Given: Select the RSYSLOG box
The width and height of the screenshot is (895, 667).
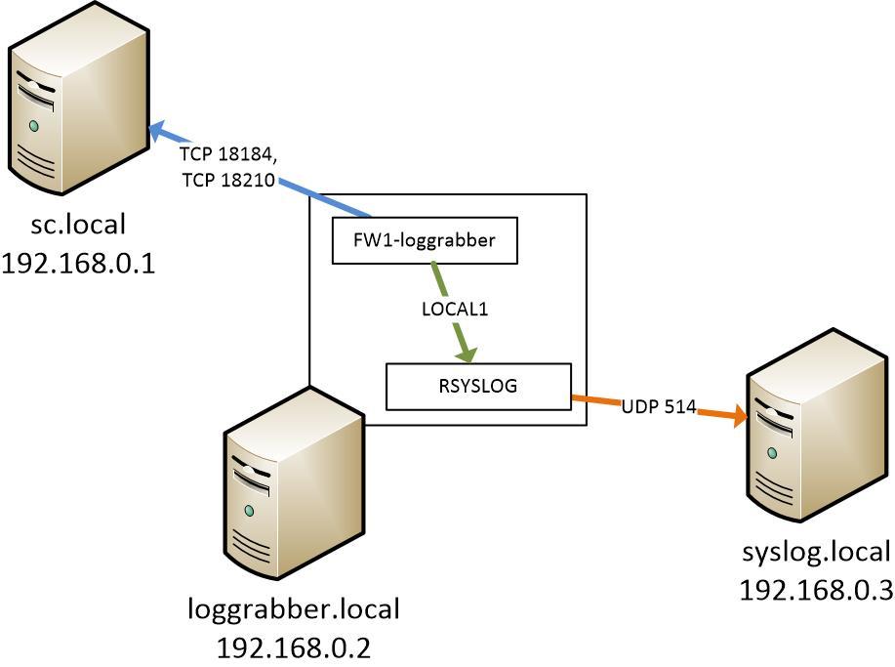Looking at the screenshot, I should [478, 386].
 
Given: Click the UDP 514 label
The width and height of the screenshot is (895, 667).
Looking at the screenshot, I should [658, 406].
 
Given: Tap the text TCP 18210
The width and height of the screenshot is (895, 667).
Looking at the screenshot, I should [226, 180].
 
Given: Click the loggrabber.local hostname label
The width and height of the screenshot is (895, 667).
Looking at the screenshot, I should [294, 609].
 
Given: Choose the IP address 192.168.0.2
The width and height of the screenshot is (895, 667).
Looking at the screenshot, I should [294, 646].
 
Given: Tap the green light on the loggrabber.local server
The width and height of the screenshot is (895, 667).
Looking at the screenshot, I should [250, 511].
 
